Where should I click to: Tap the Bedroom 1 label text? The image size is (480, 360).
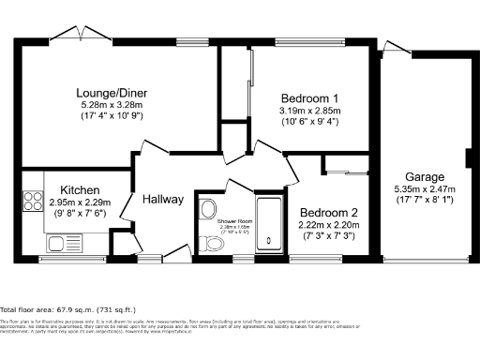point(309,98)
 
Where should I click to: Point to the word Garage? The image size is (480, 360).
point(424,176)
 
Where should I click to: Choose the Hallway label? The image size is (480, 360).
point(162,199)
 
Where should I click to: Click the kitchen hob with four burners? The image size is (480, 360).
point(31,201)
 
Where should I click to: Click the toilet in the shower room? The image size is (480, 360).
point(214,244)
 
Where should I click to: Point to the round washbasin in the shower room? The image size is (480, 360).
point(207,208)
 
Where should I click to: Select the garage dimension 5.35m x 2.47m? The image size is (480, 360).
point(424,188)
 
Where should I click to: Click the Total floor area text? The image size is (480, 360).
point(68,308)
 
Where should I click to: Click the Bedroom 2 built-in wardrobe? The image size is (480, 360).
point(346,166)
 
